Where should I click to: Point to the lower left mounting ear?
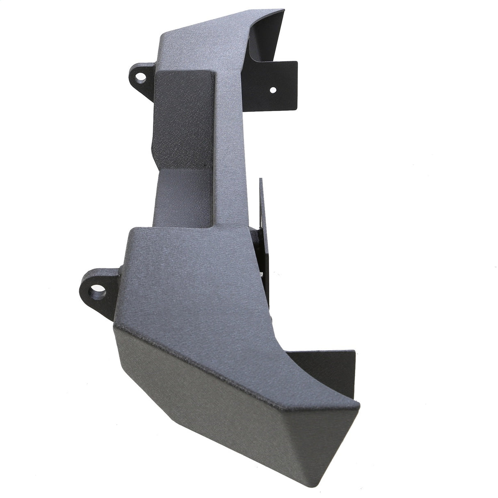coord(98,291)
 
